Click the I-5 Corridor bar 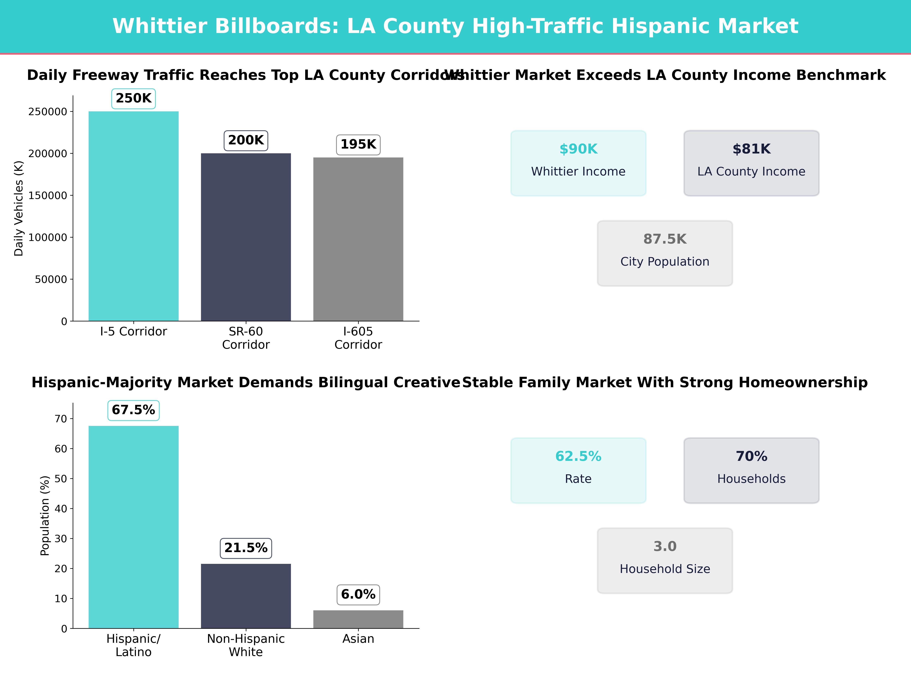pos(133,216)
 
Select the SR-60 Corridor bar pos(246,237)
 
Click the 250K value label pos(133,98)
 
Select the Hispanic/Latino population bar pos(133,527)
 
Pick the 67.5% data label pos(133,410)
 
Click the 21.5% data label pos(246,548)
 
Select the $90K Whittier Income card pos(578,163)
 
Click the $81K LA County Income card pos(751,163)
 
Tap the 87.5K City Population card pos(665,253)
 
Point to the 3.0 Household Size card pos(665,560)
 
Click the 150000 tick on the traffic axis pos(47,196)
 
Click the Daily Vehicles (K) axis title pos(19,208)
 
